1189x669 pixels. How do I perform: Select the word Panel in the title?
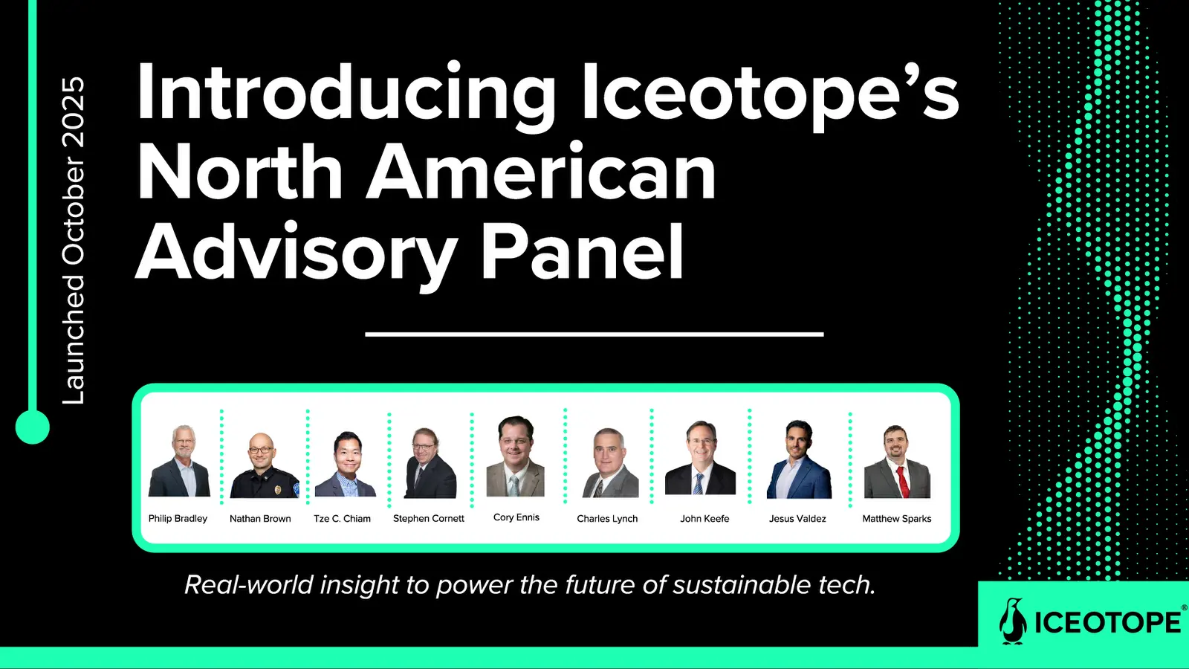(583, 250)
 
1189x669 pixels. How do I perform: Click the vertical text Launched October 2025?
(74, 241)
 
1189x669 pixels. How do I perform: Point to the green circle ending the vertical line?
(33, 427)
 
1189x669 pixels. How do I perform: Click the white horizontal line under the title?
(594, 334)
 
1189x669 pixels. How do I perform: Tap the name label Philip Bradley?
(178, 518)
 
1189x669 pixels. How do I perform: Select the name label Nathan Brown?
(260, 519)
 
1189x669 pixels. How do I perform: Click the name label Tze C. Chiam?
(342, 519)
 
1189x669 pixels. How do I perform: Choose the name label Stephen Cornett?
(428, 519)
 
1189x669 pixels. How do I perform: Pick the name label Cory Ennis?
(516, 517)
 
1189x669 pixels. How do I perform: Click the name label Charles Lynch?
(607, 519)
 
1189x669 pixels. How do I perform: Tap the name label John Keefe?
(704, 519)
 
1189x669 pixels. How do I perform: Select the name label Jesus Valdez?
(797, 519)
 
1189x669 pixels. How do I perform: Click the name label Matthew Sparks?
(896, 519)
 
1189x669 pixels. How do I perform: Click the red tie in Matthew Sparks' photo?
(901, 482)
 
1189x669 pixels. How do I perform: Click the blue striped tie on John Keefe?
(699, 484)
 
